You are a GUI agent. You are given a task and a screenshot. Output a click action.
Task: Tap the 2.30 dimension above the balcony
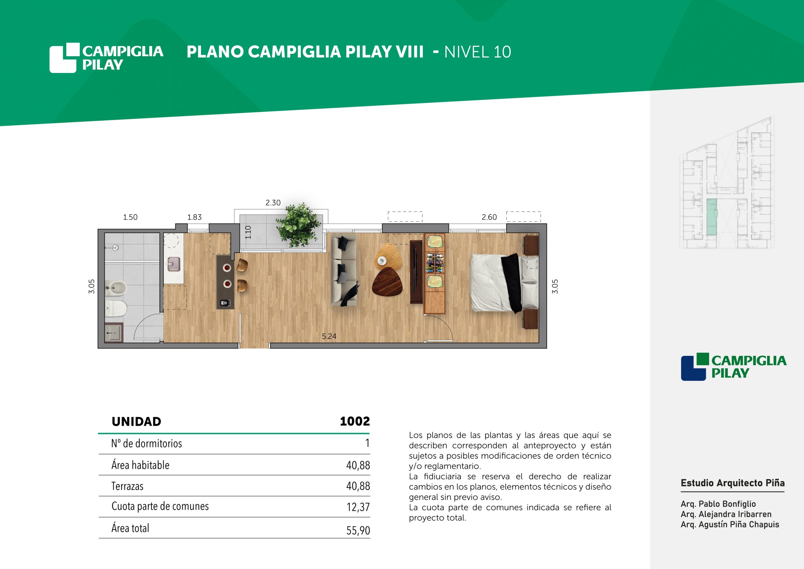(x=273, y=203)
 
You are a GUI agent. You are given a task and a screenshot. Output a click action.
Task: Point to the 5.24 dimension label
(x=329, y=336)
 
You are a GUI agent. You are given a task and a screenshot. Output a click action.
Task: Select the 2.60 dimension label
(x=489, y=217)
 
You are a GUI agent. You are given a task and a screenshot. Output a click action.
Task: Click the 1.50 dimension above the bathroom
(x=130, y=217)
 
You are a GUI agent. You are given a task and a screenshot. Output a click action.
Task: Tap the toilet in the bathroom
(x=116, y=308)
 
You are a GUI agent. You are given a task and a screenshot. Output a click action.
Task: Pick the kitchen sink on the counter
(x=174, y=264)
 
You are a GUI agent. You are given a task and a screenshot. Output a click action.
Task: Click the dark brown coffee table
(x=387, y=282)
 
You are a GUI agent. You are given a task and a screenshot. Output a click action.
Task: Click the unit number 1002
(x=355, y=421)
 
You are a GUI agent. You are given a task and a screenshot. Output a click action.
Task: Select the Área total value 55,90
(x=358, y=530)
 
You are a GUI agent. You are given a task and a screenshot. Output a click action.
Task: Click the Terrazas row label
(x=128, y=486)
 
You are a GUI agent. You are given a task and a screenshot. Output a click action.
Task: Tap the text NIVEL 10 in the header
(x=478, y=52)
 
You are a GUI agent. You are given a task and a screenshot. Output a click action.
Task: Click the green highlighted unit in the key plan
(x=711, y=217)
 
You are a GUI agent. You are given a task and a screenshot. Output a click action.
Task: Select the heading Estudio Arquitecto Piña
(x=733, y=483)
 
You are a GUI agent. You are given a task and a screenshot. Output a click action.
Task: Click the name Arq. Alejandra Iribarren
(x=726, y=514)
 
